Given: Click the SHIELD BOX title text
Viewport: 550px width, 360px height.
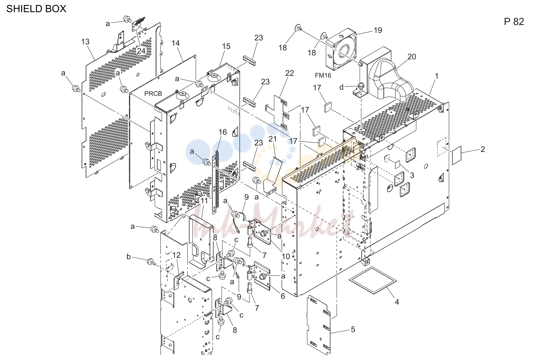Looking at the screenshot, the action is coord(36,9).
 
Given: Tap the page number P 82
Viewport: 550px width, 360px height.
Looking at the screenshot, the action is coord(514,21).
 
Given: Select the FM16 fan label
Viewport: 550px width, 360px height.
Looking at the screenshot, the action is coord(323,75).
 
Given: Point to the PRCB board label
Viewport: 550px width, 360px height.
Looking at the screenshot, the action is coord(153,94).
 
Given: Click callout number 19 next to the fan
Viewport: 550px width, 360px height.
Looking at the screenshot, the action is coord(378,30).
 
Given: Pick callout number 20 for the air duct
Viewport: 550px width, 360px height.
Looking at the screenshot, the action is coord(412,57).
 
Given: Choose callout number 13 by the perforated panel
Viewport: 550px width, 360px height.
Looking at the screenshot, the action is coord(85,42).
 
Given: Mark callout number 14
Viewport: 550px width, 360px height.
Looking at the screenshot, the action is coord(175,43).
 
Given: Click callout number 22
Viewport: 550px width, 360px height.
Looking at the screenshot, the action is coord(289,73).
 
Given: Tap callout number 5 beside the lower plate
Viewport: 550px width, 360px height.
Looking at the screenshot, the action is coord(353,330).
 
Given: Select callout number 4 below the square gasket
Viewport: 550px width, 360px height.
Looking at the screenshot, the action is coord(397,302).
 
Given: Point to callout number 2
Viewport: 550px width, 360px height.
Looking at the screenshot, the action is coord(483,149).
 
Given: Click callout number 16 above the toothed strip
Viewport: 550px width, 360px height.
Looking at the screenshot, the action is coord(223,132).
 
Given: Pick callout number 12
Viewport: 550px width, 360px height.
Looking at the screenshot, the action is coord(177,255).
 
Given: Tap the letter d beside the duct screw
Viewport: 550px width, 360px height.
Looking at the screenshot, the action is coord(341,87).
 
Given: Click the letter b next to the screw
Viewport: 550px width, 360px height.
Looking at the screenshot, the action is coord(129,257).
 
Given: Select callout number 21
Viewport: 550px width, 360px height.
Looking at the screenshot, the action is coord(273,139).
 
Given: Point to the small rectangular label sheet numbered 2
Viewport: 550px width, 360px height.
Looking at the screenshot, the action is coord(457,155).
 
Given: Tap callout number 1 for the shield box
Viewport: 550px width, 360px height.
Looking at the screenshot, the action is coord(437,76).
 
